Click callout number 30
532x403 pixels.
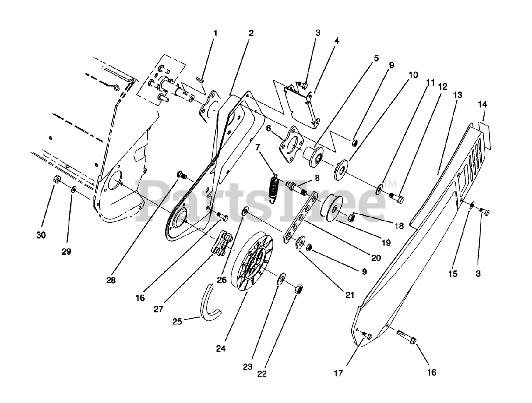[41, 235]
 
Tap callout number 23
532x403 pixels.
[248, 367]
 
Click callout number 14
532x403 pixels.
[482, 104]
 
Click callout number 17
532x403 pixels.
[338, 373]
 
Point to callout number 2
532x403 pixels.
[251, 33]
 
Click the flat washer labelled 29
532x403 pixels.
[73, 189]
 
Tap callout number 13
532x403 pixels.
[457, 95]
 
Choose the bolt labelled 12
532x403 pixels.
[399, 198]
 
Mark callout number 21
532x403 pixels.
[350, 295]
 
